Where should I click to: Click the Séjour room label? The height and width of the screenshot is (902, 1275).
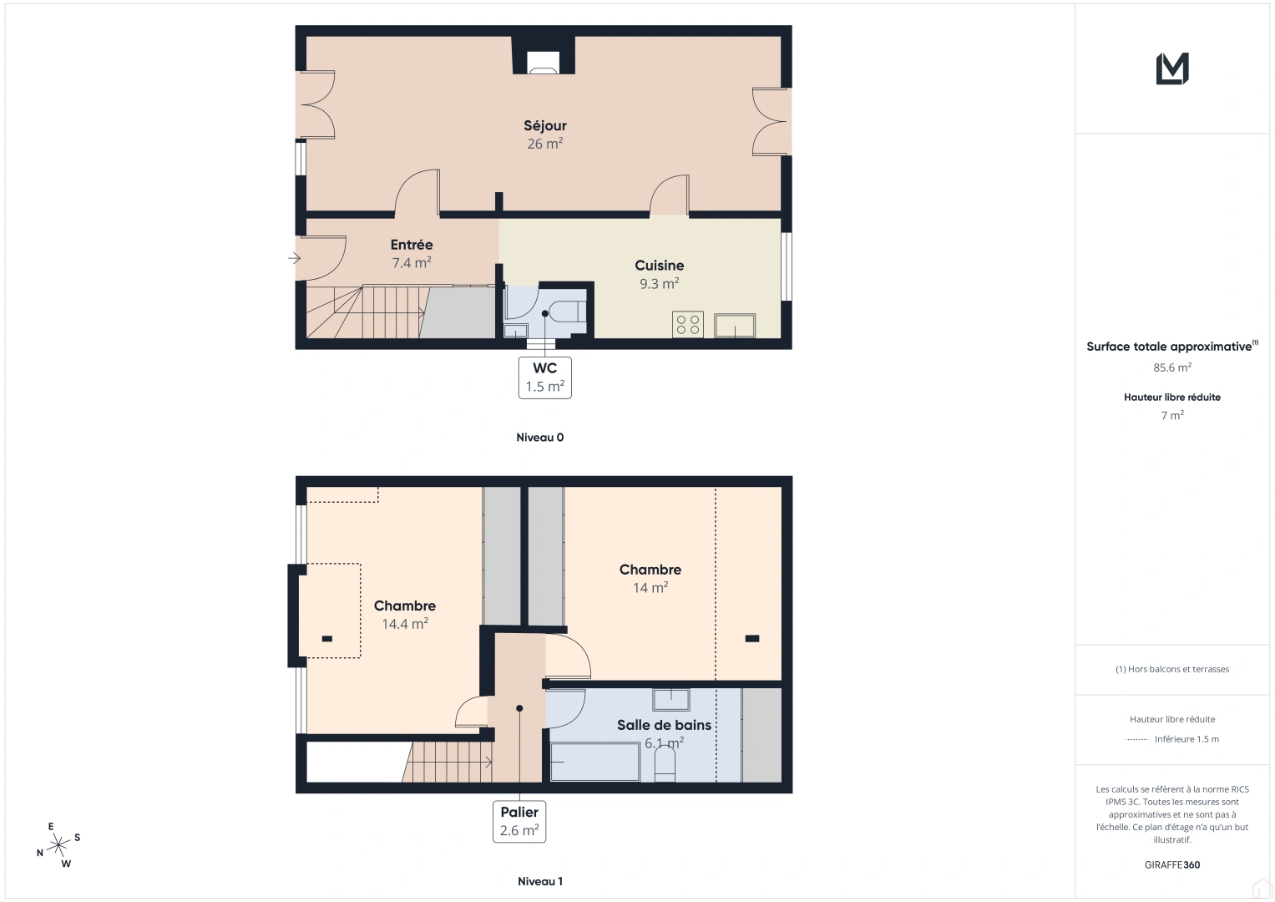(x=544, y=126)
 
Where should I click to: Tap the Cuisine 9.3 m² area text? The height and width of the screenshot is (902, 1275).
(x=659, y=284)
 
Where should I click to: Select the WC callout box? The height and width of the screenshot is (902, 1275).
(x=544, y=378)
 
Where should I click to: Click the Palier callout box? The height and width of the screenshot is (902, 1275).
(x=519, y=821)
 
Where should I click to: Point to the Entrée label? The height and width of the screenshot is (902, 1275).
(x=412, y=245)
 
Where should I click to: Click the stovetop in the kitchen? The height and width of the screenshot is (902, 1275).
(x=688, y=324)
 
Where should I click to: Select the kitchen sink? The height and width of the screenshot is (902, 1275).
(x=735, y=325)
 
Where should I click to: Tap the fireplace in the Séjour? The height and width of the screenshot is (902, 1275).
(x=543, y=62)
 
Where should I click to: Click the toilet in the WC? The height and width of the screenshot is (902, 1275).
(x=569, y=311)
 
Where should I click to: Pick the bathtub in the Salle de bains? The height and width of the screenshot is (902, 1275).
(x=594, y=762)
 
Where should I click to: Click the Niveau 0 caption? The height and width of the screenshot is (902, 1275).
(x=539, y=438)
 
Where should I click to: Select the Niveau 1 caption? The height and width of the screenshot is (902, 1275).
(x=539, y=881)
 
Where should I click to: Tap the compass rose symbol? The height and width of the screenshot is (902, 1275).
(x=58, y=846)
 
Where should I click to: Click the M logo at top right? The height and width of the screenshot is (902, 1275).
(x=1172, y=68)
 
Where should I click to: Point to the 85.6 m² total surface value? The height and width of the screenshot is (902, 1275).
(x=1172, y=367)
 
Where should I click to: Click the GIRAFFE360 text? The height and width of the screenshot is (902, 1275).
(x=1172, y=865)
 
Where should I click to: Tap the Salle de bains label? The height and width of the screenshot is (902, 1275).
(x=664, y=725)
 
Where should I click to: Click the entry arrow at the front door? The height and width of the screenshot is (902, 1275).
(x=294, y=259)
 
